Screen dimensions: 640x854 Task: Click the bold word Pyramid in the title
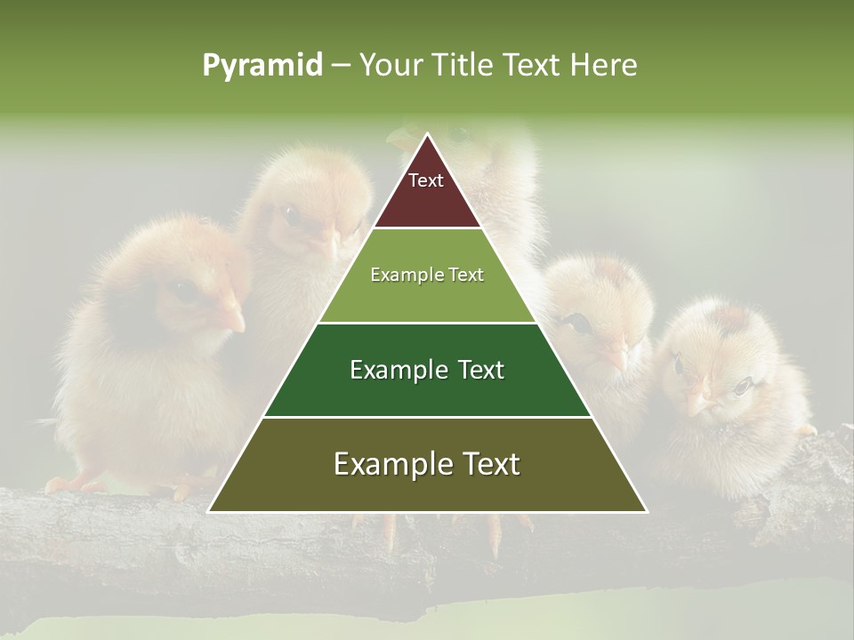coord(262,65)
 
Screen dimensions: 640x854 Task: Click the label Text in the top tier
coord(426,180)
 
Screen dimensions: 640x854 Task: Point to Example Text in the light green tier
coord(427,275)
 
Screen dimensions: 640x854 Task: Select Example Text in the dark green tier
coord(427,370)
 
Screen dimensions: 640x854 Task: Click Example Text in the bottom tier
coord(427,464)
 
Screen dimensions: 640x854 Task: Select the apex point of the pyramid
coord(427,134)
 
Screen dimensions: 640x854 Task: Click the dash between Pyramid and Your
coord(341,66)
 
